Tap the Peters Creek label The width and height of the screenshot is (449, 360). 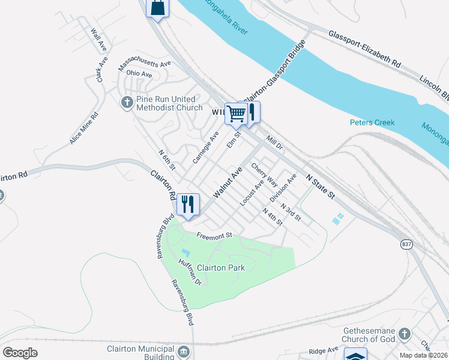372,123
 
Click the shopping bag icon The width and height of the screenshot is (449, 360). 157,8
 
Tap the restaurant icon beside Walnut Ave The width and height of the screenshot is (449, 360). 188,204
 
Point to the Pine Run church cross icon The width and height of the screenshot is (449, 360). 127,103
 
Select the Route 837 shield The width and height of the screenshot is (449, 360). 407,244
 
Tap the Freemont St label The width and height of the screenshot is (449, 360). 214,236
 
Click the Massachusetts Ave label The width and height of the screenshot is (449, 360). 145,62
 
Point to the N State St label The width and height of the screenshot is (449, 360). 319,187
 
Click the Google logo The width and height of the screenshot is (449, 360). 20,352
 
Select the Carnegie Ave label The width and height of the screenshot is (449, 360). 205,148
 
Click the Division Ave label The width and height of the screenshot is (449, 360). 283,188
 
